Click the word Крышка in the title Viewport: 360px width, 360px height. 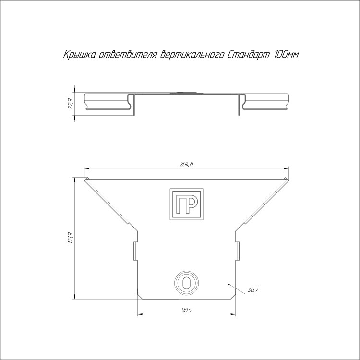pyautogui.click(x=79, y=55)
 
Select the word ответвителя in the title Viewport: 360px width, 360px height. pyautogui.click(x=128, y=55)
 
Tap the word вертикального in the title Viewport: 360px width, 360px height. pyautogui.click(x=191, y=55)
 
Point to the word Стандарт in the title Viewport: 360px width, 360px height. pyautogui.click(x=248, y=55)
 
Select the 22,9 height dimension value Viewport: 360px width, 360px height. pyautogui.click(x=71, y=104)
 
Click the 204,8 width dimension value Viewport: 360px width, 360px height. pyautogui.click(x=186, y=164)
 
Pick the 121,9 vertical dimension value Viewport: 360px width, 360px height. pyautogui.click(x=71, y=238)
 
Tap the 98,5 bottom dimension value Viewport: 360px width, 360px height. pyautogui.click(x=186, y=310)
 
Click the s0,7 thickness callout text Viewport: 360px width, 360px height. pyautogui.click(x=253, y=290)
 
